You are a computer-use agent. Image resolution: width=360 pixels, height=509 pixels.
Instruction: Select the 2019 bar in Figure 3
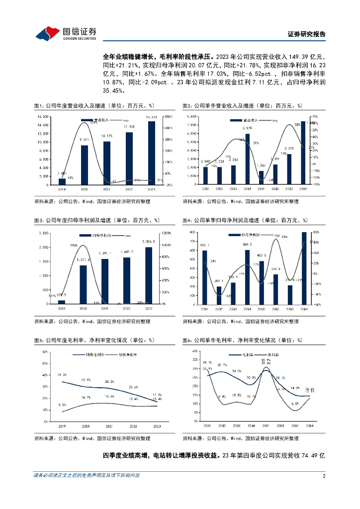click(x=62, y=301)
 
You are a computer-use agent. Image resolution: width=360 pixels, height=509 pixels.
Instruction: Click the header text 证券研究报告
click(x=307, y=34)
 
